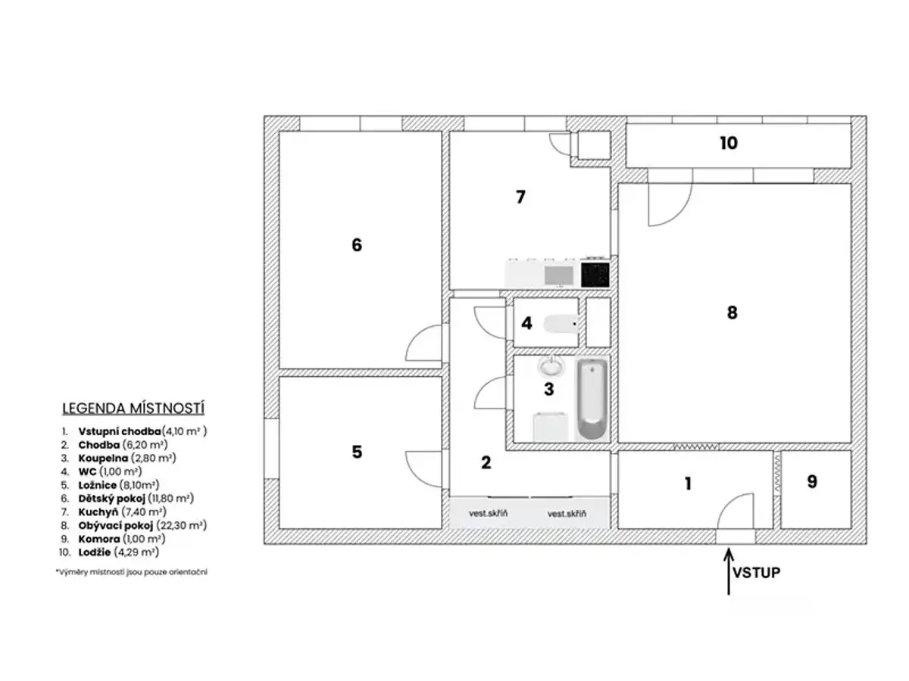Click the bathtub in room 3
pyautogui.click(x=592, y=399)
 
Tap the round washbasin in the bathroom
pyautogui.click(x=551, y=366)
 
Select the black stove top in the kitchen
pyautogui.click(x=595, y=274)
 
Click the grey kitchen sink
pyautogui.click(x=558, y=275)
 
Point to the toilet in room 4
pyautogui.click(x=561, y=323)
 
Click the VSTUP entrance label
pyautogui.click(x=756, y=572)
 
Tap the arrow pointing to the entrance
pyautogui.click(x=729, y=571)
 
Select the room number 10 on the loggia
pyautogui.click(x=729, y=143)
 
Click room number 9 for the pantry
pyautogui.click(x=812, y=481)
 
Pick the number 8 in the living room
pyautogui.click(x=732, y=313)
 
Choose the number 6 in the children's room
pyautogui.click(x=357, y=244)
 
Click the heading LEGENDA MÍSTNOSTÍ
pyautogui.click(x=133, y=408)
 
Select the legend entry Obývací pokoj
pyautogui.click(x=116, y=526)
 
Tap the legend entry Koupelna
pyautogui.click(x=103, y=458)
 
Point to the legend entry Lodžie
pyautogui.click(x=95, y=552)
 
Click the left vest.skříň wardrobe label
pyautogui.click(x=488, y=513)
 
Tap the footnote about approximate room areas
pyautogui.click(x=132, y=572)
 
